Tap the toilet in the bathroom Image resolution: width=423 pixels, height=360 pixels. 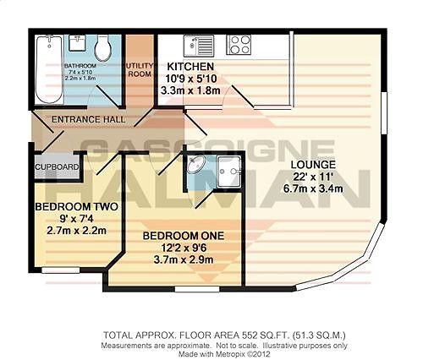pos(103,48)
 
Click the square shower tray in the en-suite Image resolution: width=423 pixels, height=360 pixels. pos(226,172)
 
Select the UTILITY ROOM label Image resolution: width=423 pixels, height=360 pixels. pos(137,69)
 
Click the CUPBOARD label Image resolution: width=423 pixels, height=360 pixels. pos(57,167)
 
